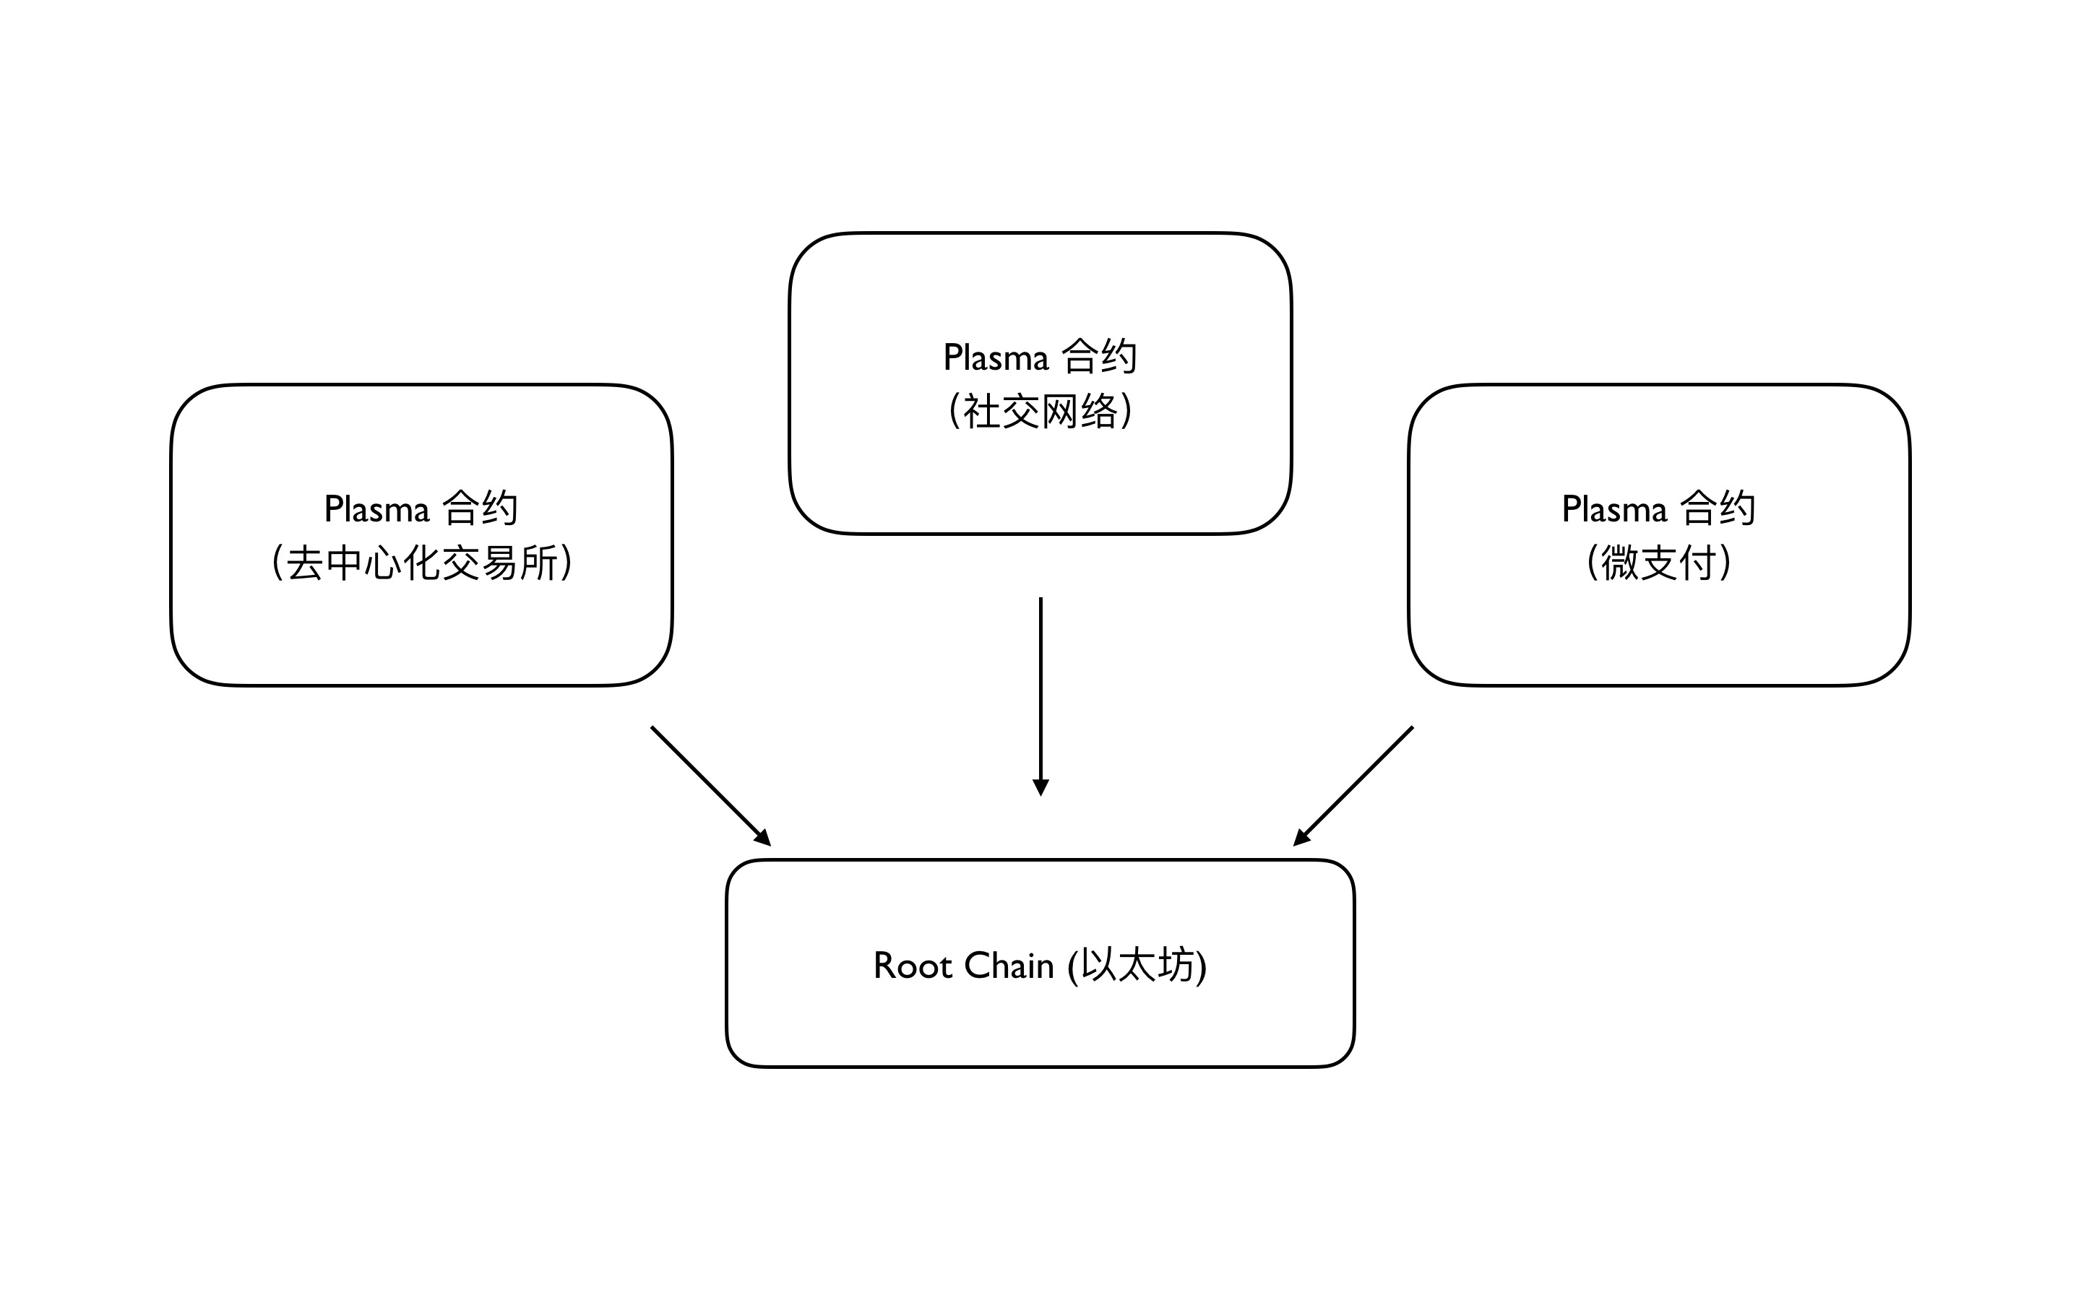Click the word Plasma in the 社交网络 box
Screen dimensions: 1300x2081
tap(996, 357)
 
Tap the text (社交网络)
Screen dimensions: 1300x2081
tap(1040, 412)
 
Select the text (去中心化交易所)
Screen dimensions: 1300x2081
tap(421, 563)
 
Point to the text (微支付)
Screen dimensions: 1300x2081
tap(1659, 563)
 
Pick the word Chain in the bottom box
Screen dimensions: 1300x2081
tap(1009, 966)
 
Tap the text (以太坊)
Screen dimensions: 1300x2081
tap(1137, 966)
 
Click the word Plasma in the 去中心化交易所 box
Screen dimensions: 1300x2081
tap(376, 509)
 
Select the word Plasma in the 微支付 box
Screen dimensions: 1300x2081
tap(1614, 509)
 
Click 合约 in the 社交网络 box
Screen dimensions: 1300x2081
tap(1100, 357)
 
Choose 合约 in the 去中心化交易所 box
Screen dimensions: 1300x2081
tap(481, 508)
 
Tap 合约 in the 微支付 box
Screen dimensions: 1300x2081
tap(1718, 508)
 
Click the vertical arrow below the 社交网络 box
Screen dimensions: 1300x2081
tap(1040, 688)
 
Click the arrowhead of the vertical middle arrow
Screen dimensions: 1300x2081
tap(1040, 787)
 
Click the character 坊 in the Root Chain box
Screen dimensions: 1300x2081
tap(1176, 966)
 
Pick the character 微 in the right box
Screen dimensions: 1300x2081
tap(1619, 563)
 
